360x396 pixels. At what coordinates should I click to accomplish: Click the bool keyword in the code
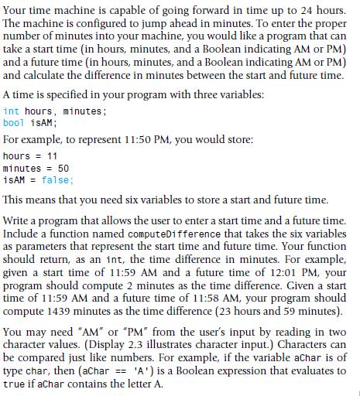(x=14, y=122)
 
